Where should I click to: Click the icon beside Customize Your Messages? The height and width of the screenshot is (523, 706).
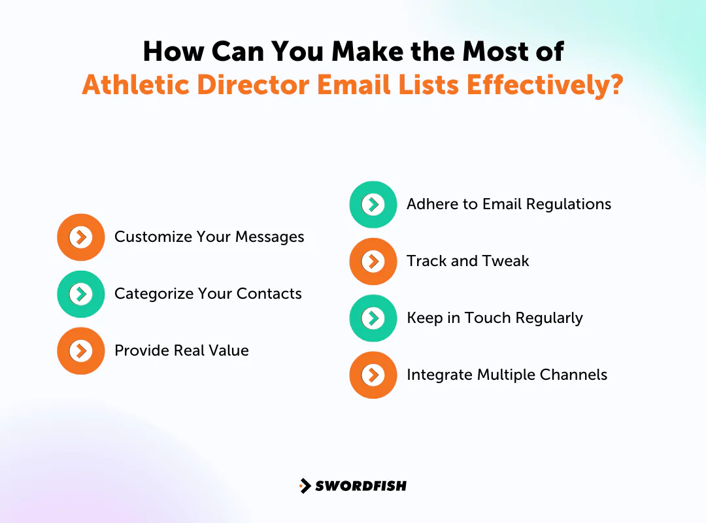click(x=80, y=237)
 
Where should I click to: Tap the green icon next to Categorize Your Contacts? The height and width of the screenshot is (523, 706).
click(x=80, y=294)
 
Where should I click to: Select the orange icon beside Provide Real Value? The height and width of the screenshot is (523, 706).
click(x=80, y=351)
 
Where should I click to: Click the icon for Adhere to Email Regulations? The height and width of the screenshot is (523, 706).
click(x=373, y=205)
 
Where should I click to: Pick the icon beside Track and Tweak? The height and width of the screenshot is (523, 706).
click(x=373, y=261)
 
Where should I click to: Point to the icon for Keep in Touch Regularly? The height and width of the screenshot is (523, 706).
click(x=373, y=318)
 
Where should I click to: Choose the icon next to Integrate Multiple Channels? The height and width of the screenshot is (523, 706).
click(x=373, y=375)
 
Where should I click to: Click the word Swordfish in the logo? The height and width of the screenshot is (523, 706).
click(x=361, y=486)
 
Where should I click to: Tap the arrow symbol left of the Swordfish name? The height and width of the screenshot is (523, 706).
click(x=305, y=486)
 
